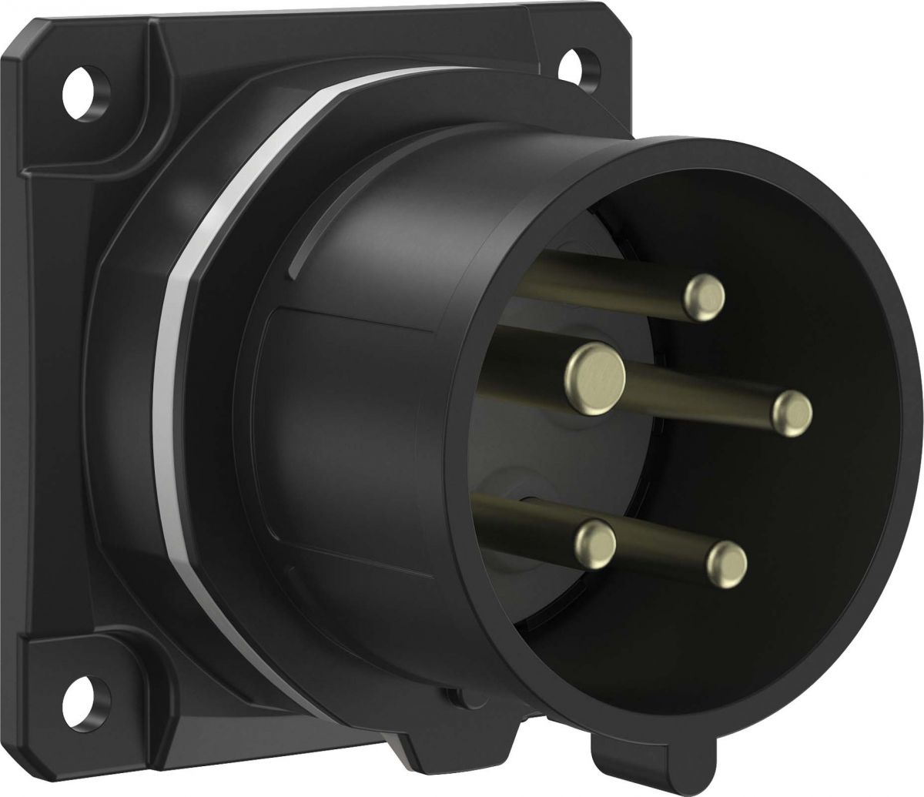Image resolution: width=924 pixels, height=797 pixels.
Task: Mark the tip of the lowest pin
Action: [727, 561]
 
